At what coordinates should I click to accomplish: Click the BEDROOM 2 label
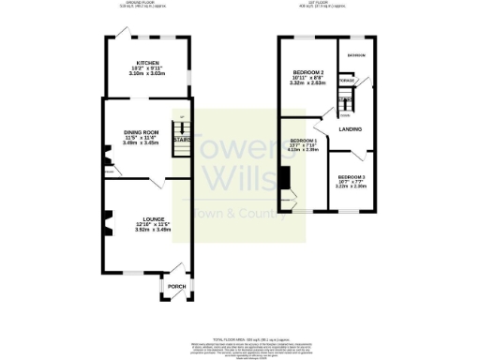coord(308,72)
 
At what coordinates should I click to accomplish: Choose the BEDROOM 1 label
coord(304,141)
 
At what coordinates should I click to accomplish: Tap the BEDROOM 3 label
coord(352,177)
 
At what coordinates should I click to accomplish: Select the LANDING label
coord(351,128)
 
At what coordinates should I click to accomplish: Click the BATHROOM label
coord(356,56)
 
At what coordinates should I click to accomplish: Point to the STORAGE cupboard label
coord(347,82)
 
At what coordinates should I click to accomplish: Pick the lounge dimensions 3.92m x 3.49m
coord(128,231)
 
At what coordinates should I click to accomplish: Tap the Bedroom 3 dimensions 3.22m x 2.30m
coord(352,187)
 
